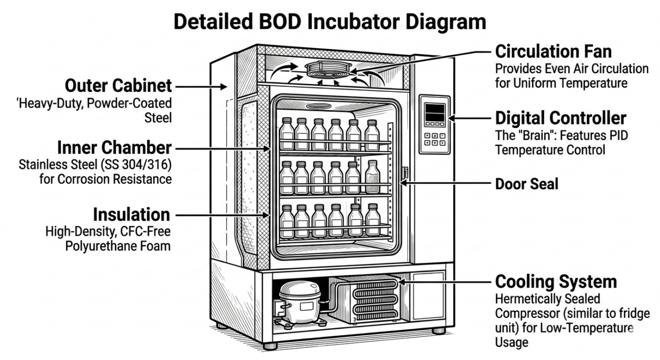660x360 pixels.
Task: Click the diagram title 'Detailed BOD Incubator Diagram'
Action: pos(330,23)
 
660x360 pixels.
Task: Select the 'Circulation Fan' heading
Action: pos(553,52)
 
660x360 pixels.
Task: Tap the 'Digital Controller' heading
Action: pos(560,118)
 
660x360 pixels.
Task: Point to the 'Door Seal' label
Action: pos(526,184)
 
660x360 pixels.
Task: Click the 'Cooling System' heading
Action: pos(556,281)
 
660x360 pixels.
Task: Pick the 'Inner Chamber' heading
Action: pos(114,148)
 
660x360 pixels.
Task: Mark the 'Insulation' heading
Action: pos(132,215)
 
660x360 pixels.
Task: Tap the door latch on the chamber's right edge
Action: pos(405,173)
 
